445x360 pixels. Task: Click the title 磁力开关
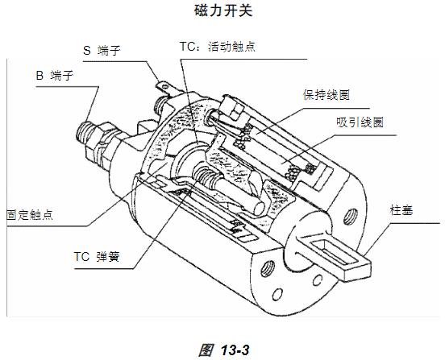click(223, 11)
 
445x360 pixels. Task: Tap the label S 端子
click(102, 51)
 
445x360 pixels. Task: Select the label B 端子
click(55, 76)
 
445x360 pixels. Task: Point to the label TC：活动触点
click(218, 47)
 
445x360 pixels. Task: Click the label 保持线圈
click(326, 95)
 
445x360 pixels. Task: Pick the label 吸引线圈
click(360, 122)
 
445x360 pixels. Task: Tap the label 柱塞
click(401, 210)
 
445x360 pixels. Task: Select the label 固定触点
click(30, 214)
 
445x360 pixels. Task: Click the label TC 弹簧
click(97, 257)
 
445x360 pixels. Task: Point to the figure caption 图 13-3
click(224, 350)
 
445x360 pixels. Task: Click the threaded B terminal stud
click(85, 131)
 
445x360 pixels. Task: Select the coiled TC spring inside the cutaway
click(205, 175)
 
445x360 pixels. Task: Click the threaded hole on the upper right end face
click(350, 217)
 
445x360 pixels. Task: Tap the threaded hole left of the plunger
click(268, 268)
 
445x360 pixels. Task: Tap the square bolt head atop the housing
click(235, 110)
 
